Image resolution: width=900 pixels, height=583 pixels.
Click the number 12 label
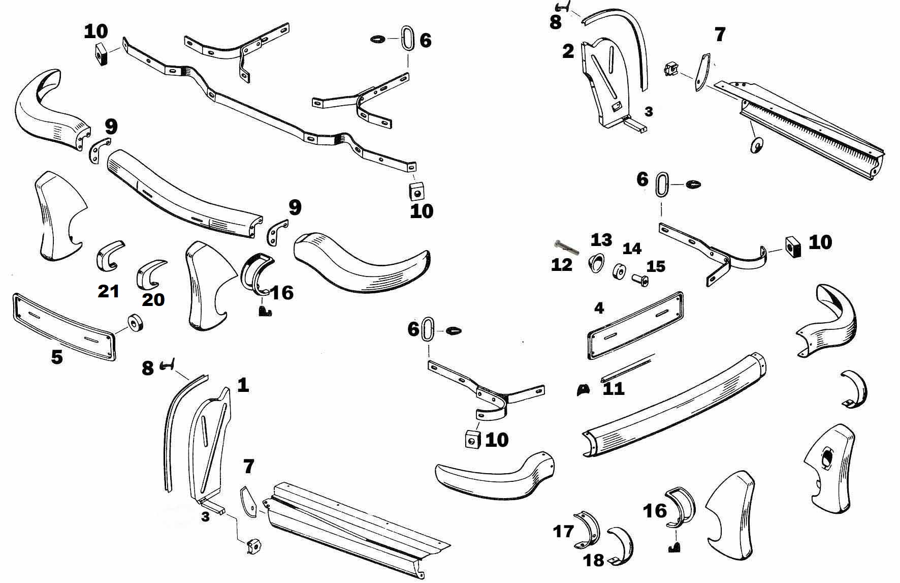click(562, 264)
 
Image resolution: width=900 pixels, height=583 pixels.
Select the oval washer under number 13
click(594, 263)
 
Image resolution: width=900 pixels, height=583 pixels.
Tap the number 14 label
click(632, 249)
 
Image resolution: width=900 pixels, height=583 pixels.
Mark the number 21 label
click(109, 291)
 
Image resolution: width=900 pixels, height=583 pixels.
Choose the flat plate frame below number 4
click(635, 325)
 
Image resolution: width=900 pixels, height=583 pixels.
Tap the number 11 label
click(613, 389)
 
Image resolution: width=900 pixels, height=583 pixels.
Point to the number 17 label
click(563, 531)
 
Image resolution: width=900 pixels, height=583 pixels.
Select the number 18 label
click(593, 560)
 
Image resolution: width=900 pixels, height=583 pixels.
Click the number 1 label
click(243, 385)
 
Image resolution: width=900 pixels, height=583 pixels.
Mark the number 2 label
click(568, 51)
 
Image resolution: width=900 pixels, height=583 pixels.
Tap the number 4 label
click(599, 308)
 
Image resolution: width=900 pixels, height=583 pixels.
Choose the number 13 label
click(601, 239)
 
